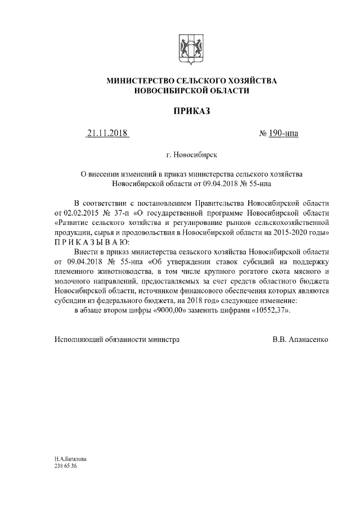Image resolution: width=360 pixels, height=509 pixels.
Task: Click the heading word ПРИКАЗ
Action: pos(191,111)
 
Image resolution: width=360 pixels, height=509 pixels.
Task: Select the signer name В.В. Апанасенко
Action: pos(300,340)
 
